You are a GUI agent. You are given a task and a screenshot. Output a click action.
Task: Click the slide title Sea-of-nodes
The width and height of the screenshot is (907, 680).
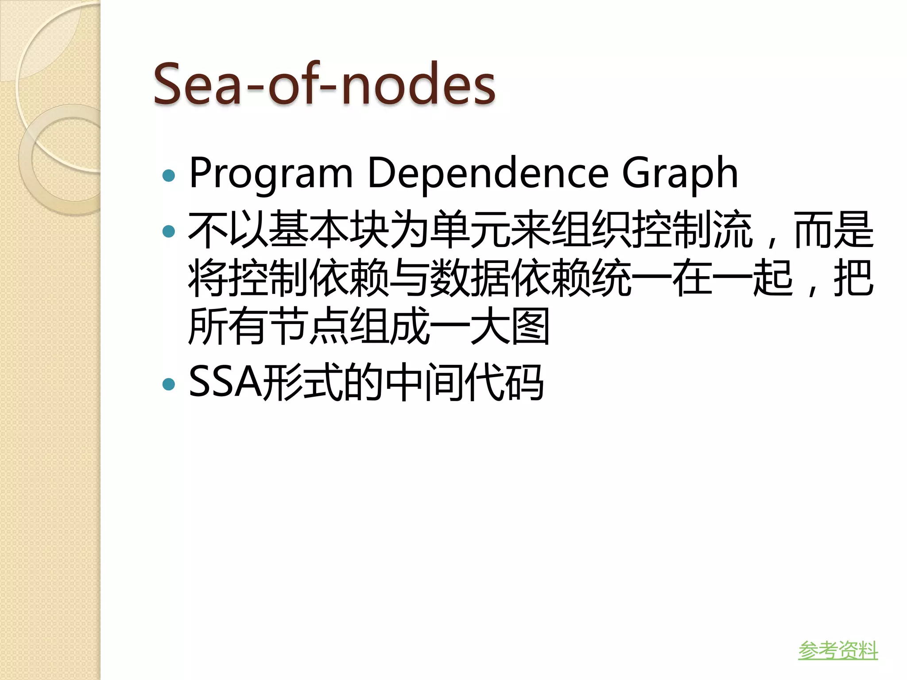click(x=324, y=84)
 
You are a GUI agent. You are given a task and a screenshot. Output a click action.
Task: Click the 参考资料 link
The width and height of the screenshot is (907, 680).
click(x=838, y=650)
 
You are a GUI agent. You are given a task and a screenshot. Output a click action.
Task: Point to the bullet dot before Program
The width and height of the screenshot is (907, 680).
click(x=169, y=176)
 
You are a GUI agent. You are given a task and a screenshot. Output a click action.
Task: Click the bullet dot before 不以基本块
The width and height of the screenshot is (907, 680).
click(x=169, y=231)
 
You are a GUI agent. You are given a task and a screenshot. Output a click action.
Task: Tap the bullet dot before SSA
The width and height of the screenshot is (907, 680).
click(x=169, y=383)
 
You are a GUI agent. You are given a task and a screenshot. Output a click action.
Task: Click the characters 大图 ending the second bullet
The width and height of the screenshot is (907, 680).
click(x=509, y=327)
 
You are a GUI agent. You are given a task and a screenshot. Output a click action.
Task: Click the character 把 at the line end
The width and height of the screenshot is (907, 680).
click(x=853, y=278)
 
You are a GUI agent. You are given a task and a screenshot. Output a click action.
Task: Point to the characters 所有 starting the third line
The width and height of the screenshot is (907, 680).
click(x=228, y=327)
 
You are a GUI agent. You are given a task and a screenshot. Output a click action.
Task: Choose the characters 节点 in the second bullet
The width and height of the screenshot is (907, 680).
click(x=308, y=327)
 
